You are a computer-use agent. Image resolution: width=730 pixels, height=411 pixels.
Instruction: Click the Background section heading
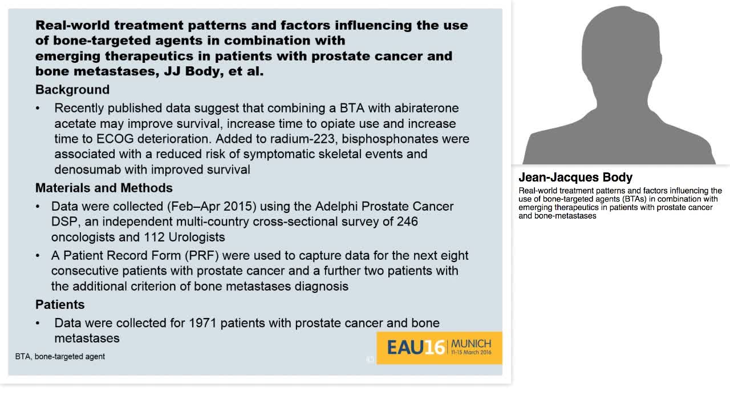point(72,90)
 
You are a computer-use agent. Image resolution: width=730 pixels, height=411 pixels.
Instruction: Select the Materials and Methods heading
point(104,188)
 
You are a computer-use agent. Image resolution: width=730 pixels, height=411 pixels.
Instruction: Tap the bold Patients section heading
point(60,304)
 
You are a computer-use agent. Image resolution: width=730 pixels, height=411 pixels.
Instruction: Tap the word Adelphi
point(337,206)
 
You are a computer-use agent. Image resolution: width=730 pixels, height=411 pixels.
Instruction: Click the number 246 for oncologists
point(407,221)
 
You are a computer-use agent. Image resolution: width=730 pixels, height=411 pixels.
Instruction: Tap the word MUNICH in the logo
point(471,343)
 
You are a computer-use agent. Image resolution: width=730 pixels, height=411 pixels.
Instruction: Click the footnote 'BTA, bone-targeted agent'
point(60,356)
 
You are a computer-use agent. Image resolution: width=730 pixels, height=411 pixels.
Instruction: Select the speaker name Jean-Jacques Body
point(575,177)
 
